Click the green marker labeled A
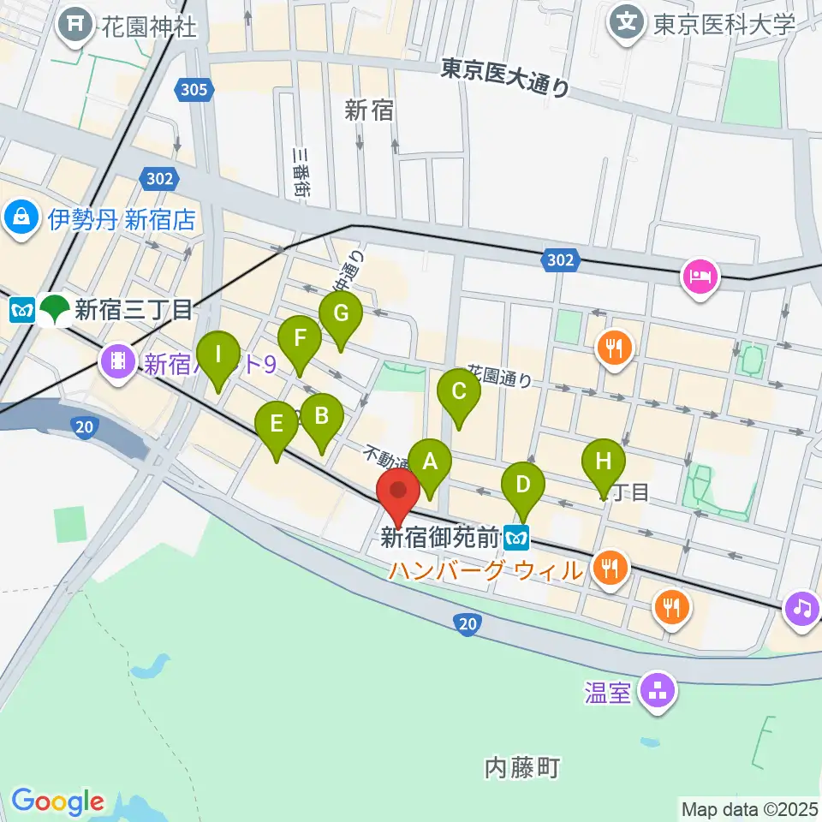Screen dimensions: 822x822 [430, 462]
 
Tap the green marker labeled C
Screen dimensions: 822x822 [458, 392]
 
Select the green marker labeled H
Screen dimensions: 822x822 [604, 462]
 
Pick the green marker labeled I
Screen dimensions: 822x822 [218, 354]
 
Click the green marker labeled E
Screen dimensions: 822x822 [276, 424]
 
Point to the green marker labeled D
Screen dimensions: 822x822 [522, 485]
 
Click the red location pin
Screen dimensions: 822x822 [398, 491]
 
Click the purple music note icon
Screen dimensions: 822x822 [802, 609]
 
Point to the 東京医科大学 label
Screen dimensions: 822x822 [724, 23]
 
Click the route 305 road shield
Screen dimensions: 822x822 [194, 89]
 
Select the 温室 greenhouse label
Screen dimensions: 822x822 [610, 692]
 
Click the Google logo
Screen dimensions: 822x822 [57, 802]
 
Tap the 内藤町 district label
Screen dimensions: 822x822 [521, 767]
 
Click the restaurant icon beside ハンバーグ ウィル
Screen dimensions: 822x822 [610, 567]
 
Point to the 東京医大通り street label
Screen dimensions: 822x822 [505, 77]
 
